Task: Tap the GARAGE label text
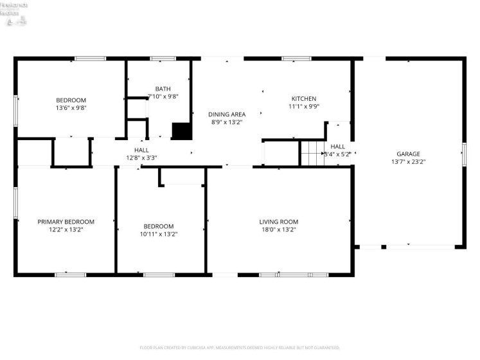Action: point(408,154)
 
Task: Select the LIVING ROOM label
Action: point(278,222)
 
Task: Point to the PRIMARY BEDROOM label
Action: point(66,222)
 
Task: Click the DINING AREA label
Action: point(227,114)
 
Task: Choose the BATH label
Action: point(163,89)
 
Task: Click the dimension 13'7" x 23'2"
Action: point(408,161)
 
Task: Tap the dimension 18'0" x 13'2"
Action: point(278,230)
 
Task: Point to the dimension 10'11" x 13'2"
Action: point(158,234)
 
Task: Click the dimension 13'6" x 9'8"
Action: point(71,109)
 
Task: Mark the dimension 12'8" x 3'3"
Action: point(141,157)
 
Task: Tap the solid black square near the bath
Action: point(182,130)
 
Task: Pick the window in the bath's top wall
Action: point(163,59)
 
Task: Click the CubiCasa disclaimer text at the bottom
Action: point(240,348)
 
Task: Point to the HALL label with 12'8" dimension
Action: point(141,150)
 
